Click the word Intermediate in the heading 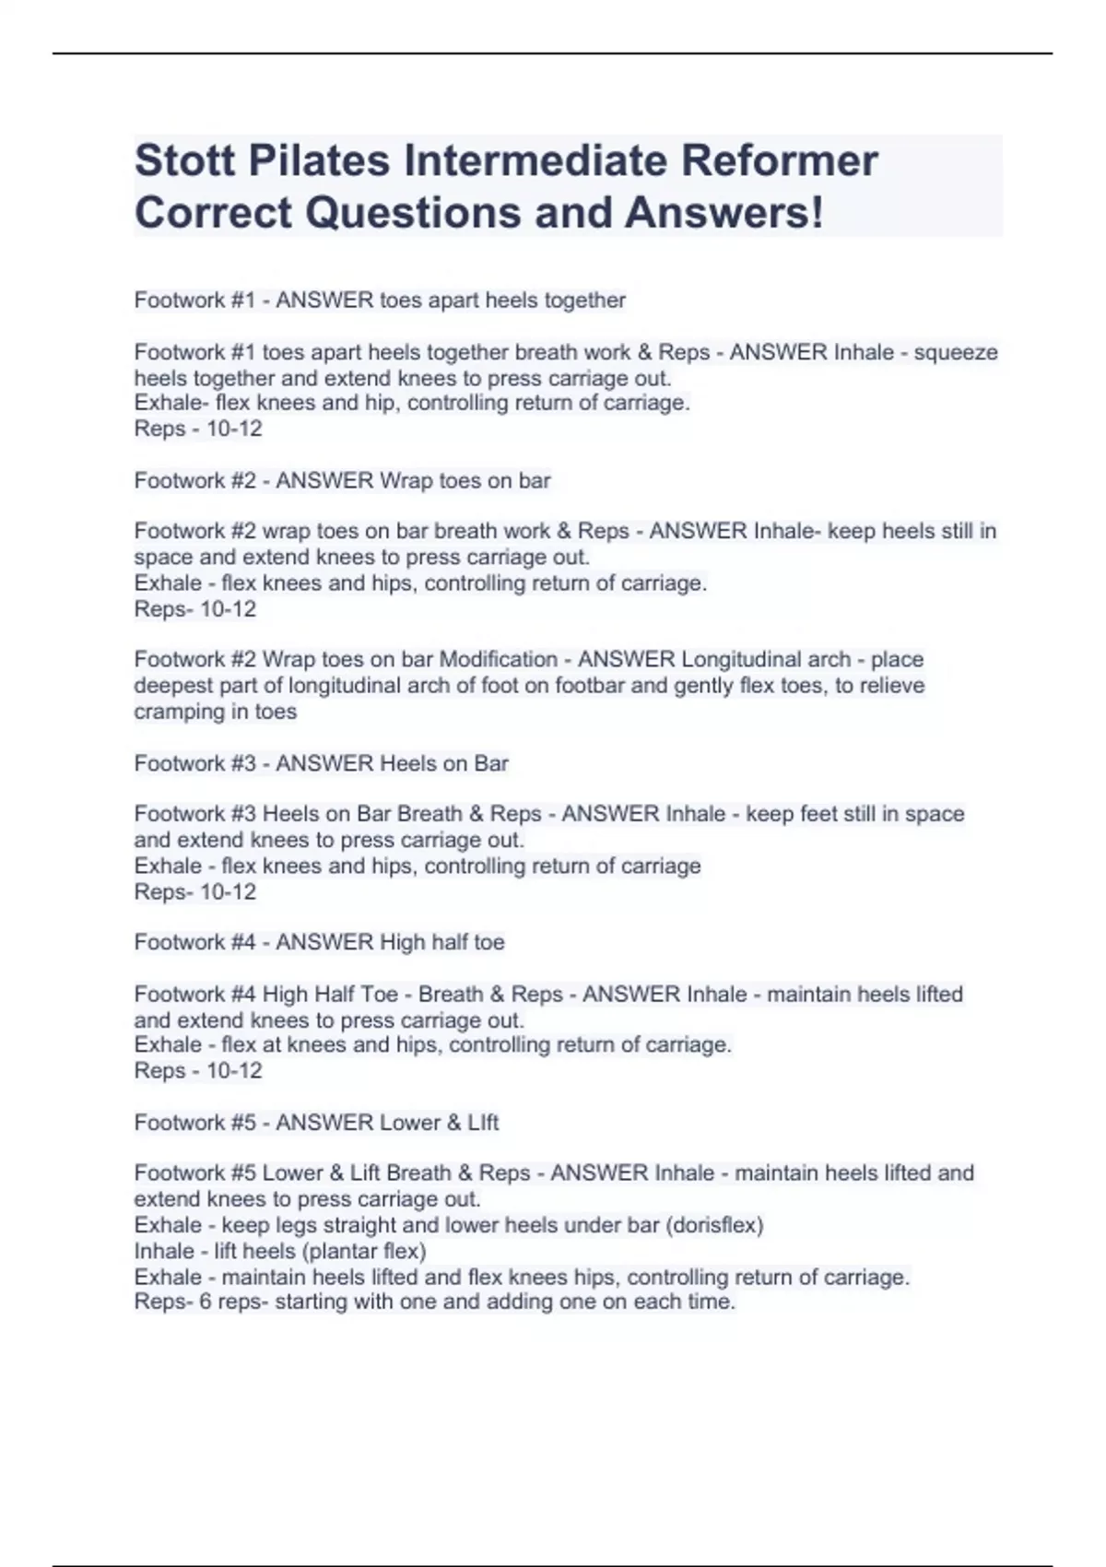[534, 161]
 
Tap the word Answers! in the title [724, 213]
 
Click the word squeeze [955, 353]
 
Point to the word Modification [499, 660]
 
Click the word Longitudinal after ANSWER [765, 660]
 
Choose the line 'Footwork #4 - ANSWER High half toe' [319, 943]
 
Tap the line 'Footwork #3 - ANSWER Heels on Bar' [321, 764]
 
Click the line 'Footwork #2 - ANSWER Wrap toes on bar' [342, 481]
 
